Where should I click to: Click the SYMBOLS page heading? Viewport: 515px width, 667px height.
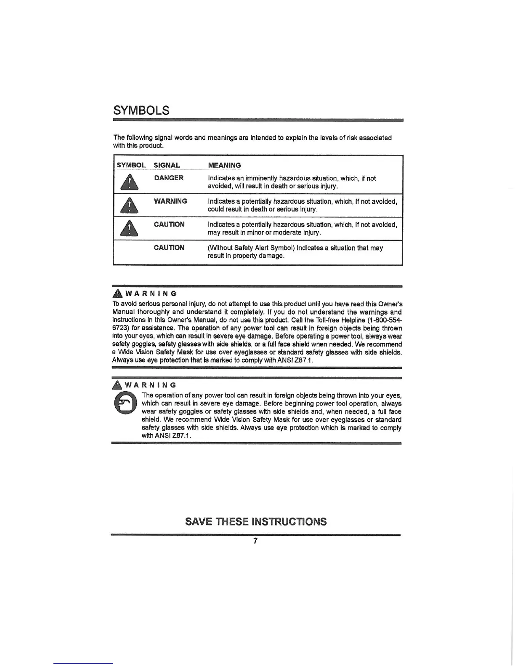tap(141, 110)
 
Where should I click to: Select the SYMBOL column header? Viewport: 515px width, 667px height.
tap(131, 165)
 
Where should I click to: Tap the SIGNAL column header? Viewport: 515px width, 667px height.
tap(167, 165)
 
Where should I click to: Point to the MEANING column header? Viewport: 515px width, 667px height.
tap(225, 165)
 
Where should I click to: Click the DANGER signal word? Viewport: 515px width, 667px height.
tap(169, 178)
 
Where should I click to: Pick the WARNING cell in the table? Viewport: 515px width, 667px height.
tap(170, 201)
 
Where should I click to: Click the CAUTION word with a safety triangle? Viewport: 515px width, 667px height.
tap(169, 224)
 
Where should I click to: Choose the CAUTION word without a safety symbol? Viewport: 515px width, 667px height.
tap(169, 248)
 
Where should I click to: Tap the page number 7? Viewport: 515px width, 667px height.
tap(255, 541)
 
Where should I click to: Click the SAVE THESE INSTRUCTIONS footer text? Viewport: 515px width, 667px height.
tap(256, 522)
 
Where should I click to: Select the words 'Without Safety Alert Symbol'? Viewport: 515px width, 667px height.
tap(251, 248)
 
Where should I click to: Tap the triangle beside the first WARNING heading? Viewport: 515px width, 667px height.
tap(118, 293)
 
